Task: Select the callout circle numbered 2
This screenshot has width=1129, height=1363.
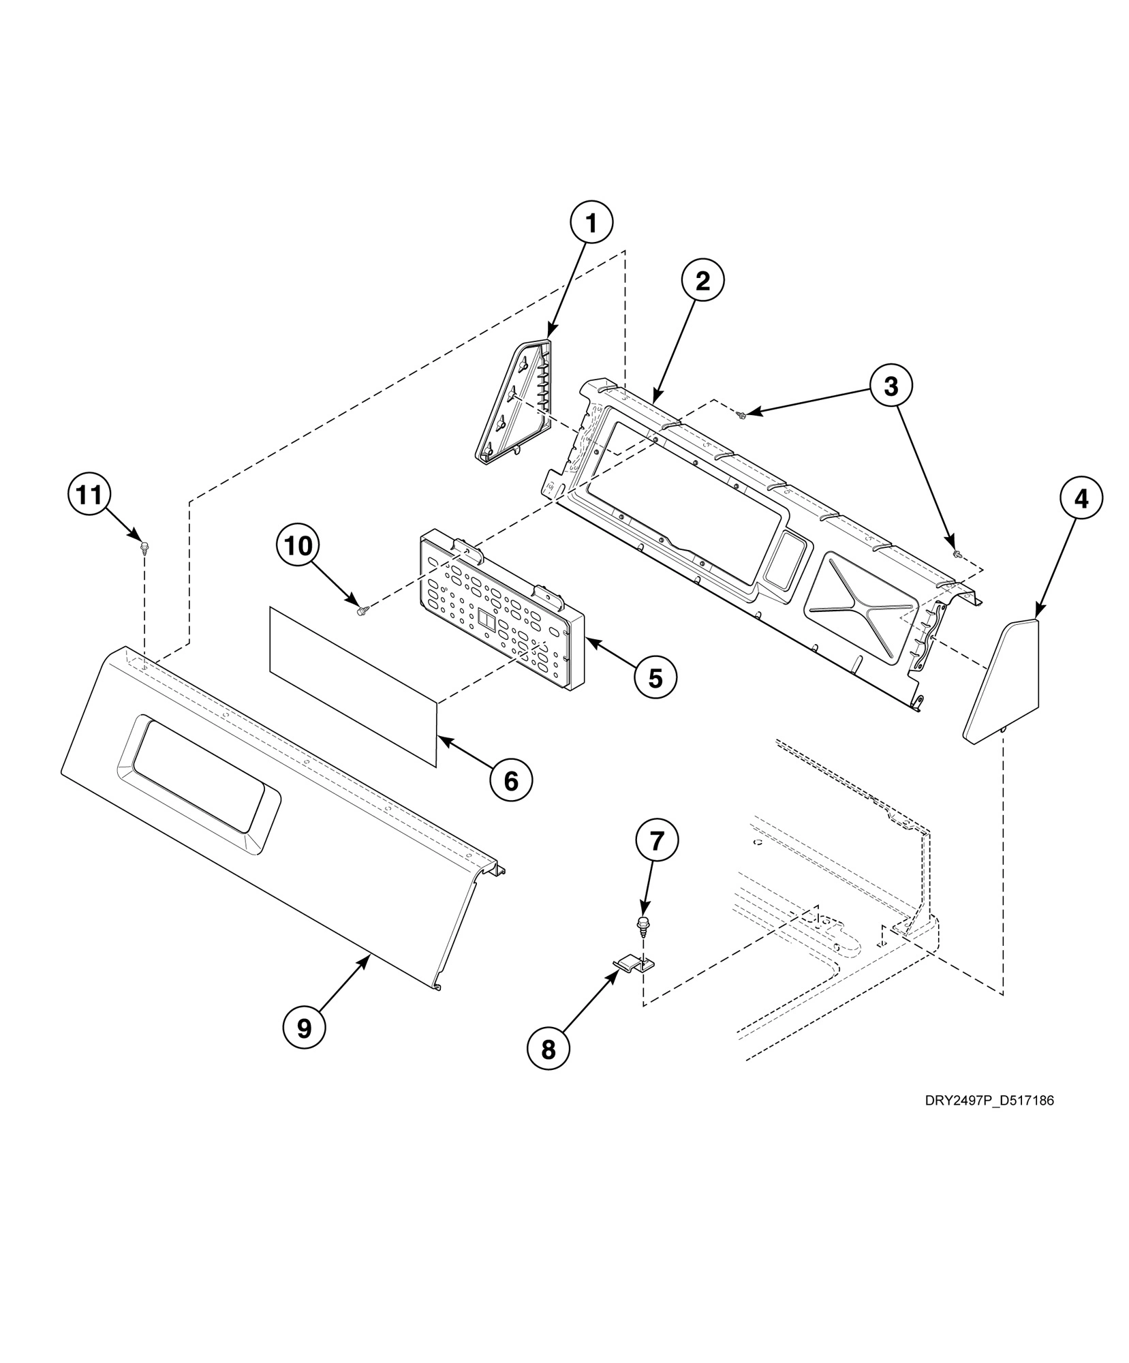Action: tap(702, 281)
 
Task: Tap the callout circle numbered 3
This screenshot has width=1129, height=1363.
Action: tap(891, 386)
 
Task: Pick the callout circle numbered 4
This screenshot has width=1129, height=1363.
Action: tap(1081, 499)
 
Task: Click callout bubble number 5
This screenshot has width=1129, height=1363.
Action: tap(655, 677)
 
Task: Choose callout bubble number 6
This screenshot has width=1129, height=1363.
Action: tap(511, 781)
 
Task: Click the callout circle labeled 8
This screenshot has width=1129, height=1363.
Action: tap(548, 1050)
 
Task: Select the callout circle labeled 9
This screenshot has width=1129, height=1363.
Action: tap(304, 1028)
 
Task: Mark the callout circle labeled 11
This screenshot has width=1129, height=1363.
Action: tap(89, 495)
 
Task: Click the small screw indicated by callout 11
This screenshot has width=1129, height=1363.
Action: tap(144, 547)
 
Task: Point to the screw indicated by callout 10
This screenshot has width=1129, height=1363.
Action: tap(360, 611)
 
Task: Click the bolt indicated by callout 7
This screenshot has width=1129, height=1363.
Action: tap(642, 925)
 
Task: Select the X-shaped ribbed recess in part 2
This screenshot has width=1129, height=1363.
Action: tap(860, 607)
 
